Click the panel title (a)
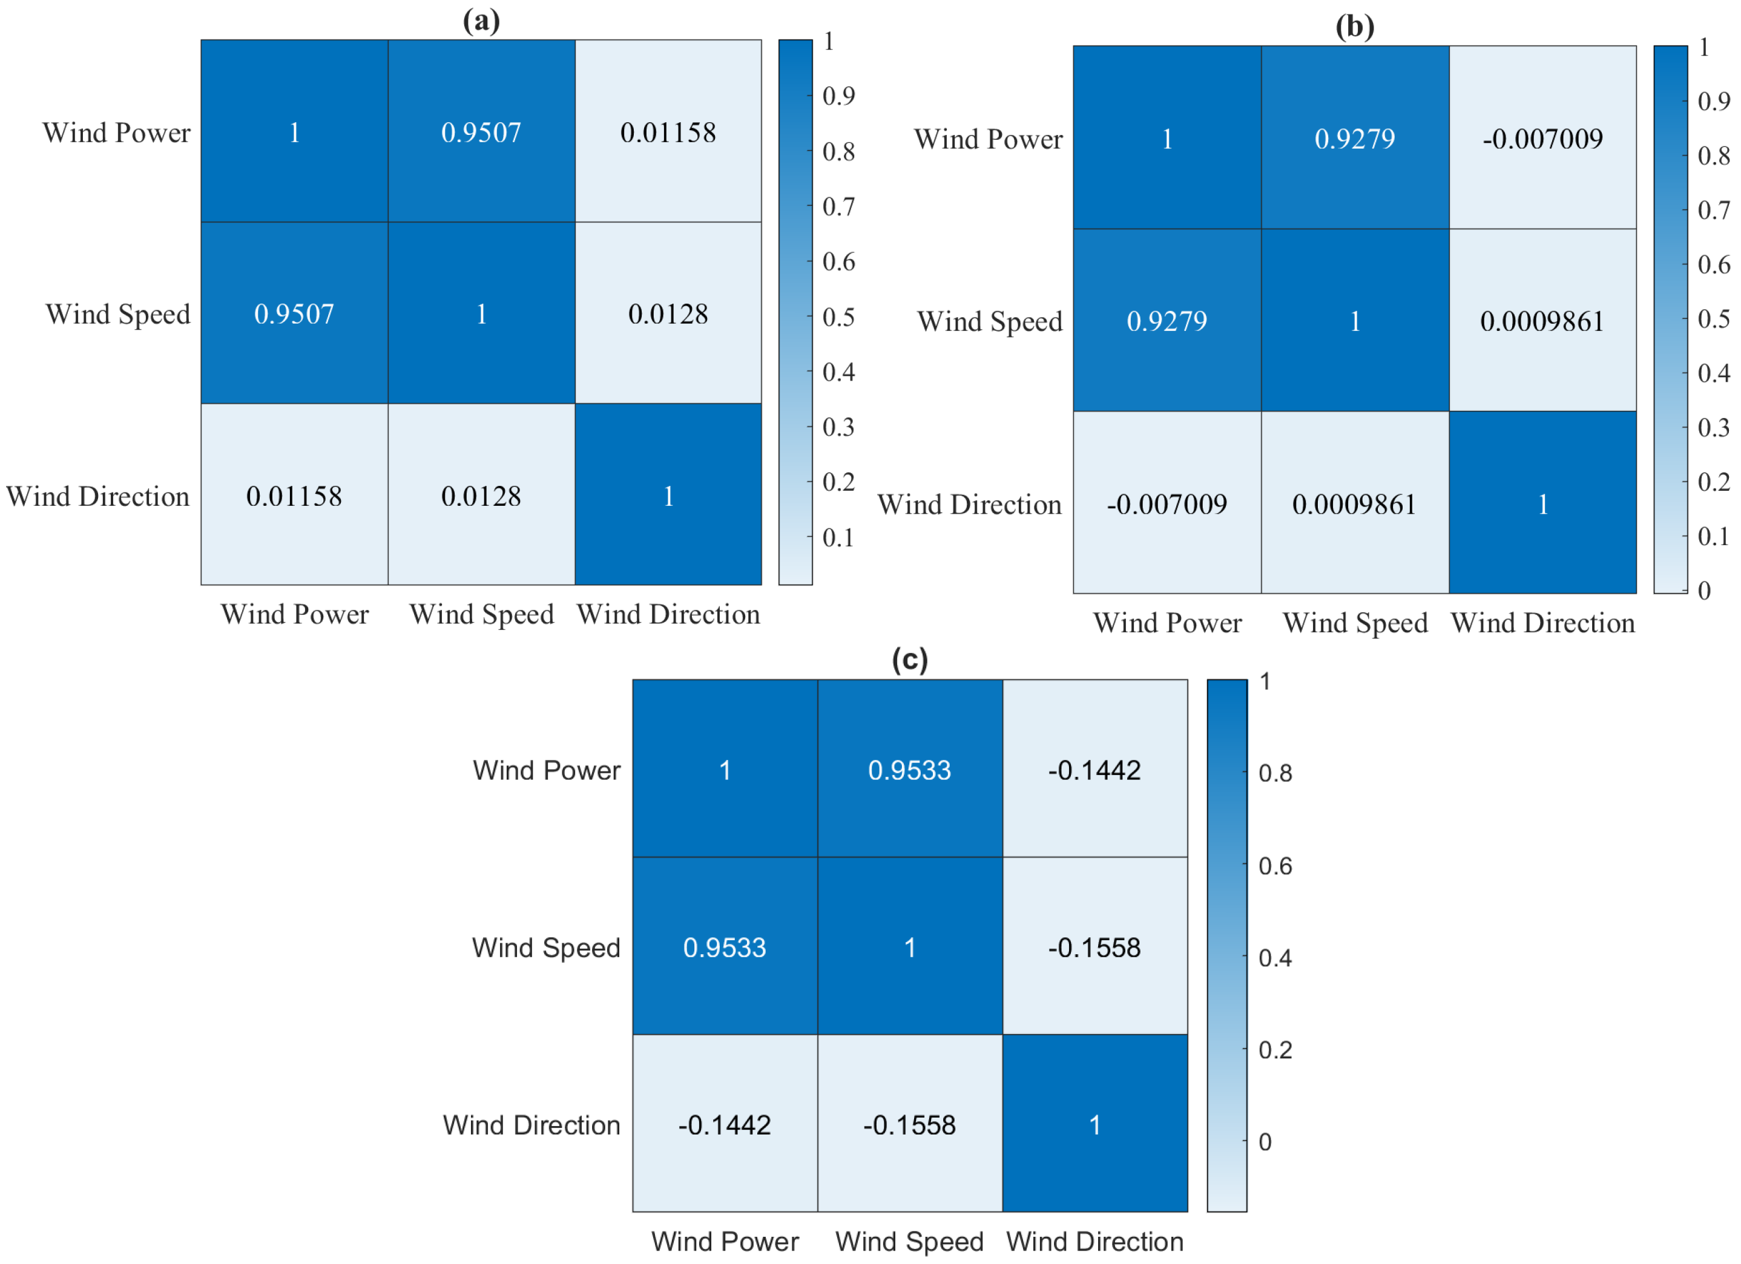click(x=481, y=21)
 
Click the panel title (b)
click(x=1354, y=27)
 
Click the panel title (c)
click(x=910, y=660)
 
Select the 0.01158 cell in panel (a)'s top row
click(x=668, y=133)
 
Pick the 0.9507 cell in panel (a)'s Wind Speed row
click(x=294, y=314)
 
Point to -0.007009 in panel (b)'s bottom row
click(x=1166, y=504)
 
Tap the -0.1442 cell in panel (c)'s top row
click(x=1094, y=770)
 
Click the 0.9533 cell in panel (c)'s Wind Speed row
click(x=724, y=948)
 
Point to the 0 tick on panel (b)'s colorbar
click(x=1703, y=590)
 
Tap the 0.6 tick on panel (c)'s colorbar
click(x=1274, y=866)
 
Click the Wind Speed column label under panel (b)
click(x=1354, y=623)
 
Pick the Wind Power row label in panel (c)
click(x=546, y=770)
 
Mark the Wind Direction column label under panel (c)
click(x=1094, y=1242)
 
